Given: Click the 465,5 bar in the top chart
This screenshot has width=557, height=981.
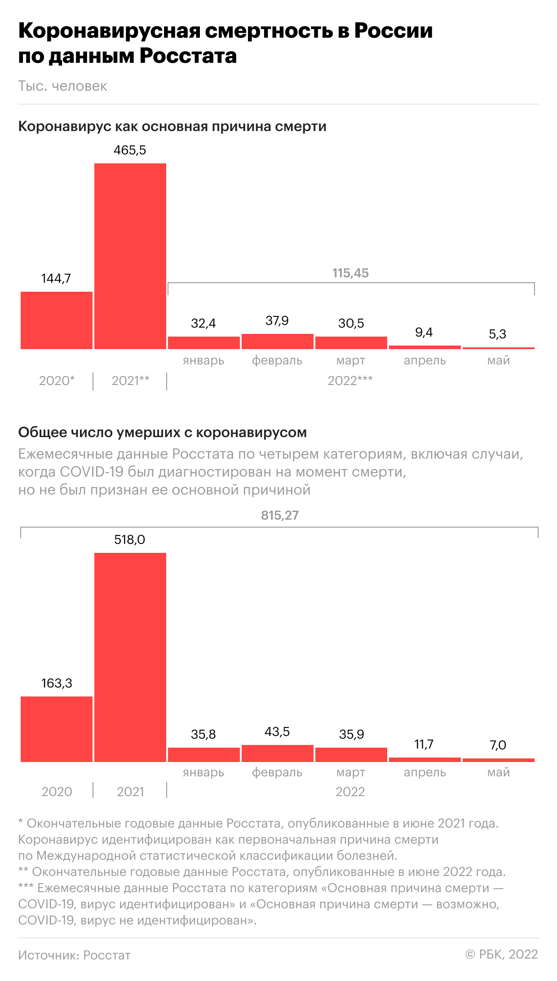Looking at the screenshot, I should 130,256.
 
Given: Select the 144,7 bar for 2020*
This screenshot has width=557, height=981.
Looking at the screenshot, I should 57,320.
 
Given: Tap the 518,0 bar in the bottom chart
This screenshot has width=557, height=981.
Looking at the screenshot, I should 130,657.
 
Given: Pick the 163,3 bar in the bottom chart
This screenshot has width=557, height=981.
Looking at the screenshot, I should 57,729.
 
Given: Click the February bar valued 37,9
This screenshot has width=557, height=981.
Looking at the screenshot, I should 277,342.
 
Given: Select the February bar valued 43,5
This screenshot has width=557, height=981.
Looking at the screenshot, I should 277,753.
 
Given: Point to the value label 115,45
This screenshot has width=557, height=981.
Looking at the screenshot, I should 350,273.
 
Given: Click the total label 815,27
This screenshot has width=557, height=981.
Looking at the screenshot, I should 279,515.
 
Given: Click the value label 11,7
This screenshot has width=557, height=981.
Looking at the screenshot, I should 424,745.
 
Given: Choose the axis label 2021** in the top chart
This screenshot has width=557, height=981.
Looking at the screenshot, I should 130,381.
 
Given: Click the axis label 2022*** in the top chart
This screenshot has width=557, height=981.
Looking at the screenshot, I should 350,381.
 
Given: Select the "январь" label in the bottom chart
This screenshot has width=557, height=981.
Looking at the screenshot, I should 203,772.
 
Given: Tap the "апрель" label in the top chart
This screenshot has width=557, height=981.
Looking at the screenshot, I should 424,360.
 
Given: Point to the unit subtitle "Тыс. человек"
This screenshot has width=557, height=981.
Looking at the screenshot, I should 62,86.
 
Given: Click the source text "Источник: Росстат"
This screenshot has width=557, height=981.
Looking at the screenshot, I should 74,955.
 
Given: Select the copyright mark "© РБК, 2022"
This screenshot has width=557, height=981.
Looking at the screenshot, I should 502,955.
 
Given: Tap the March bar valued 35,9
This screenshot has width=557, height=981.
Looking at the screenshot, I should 351,755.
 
